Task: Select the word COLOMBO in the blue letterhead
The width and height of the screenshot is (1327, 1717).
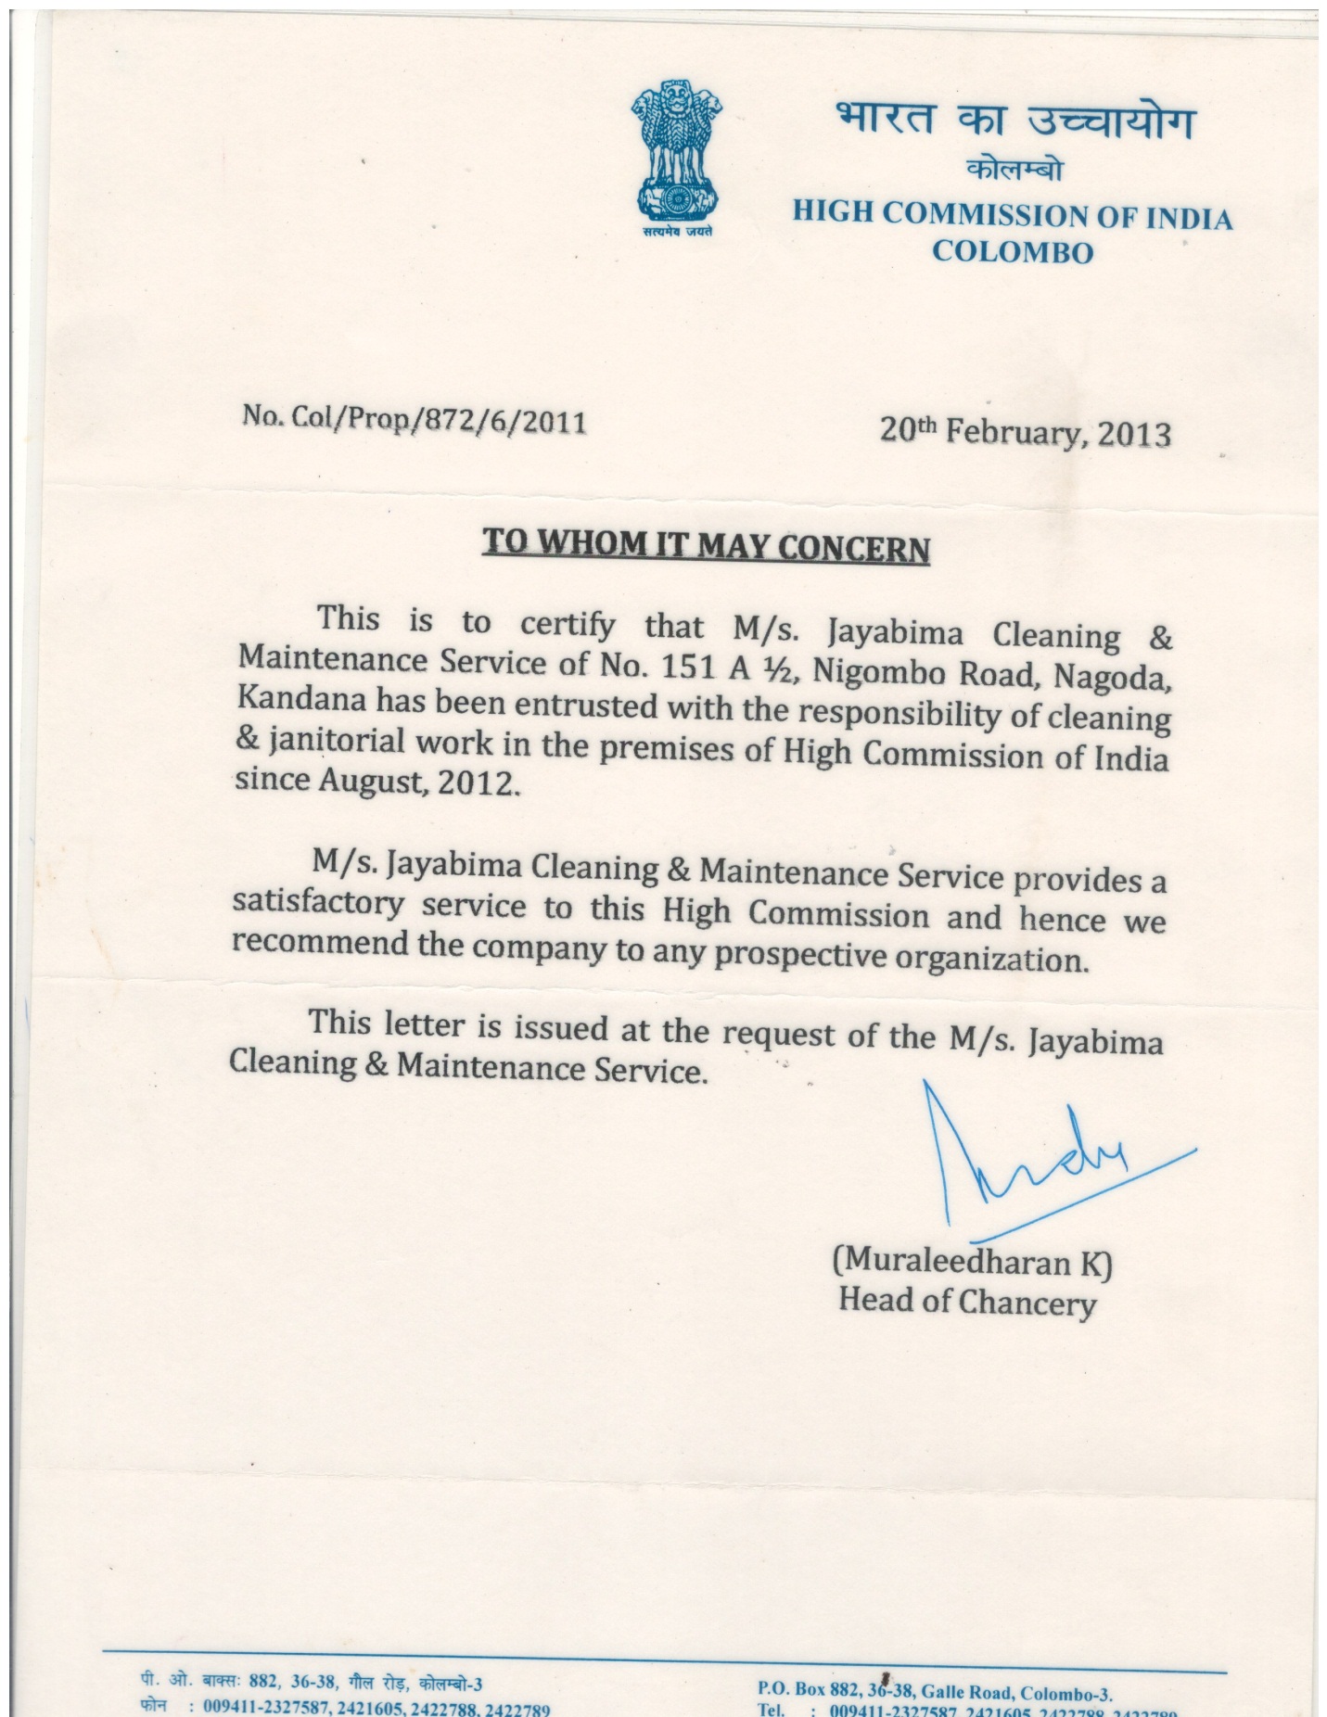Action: pyautogui.click(x=1013, y=252)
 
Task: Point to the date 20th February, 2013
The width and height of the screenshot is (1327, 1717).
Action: pyautogui.click(x=1025, y=432)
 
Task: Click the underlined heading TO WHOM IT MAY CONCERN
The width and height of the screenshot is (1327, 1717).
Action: pyautogui.click(x=706, y=544)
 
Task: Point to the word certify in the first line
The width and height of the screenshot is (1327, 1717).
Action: pyautogui.click(x=567, y=625)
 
